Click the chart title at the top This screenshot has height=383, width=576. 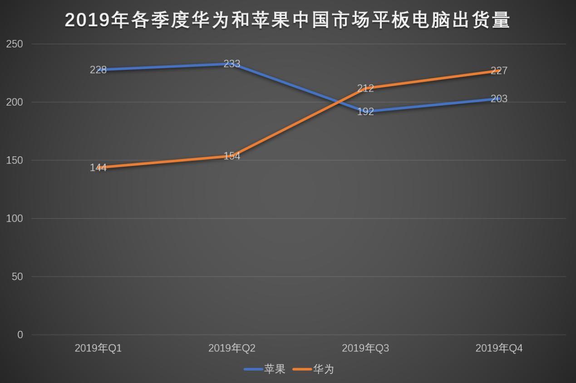pyautogui.click(x=288, y=20)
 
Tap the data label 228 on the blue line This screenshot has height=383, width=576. pyautogui.click(x=98, y=70)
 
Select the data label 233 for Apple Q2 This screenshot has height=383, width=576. pyautogui.click(x=231, y=64)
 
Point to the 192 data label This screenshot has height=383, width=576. pyautogui.click(x=365, y=112)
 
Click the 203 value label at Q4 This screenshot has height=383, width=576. pyautogui.click(x=499, y=99)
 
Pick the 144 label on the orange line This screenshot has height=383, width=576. pyautogui.click(x=98, y=168)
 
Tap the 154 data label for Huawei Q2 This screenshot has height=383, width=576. pyautogui.click(x=231, y=156)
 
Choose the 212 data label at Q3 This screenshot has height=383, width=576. pyautogui.click(x=365, y=88)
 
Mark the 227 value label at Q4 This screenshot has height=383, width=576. pyautogui.click(x=499, y=71)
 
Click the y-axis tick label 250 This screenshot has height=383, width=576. pyautogui.click(x=15, y=44)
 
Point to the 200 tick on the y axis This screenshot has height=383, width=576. pyautogui.click(x=15, y=102)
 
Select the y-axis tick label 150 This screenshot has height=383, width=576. pyautogui.click(x=15, y=160)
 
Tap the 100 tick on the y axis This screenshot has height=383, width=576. pyautogui.click(x=15, y=218)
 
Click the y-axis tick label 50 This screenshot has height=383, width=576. pyautogui.click(x=17, y=276)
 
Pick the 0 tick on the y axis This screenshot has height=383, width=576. pyautogui.click(x=20, y=335)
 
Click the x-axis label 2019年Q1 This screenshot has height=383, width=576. pyautogui.click(x=98, y=348)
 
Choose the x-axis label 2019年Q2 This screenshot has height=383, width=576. pyautogui.click(x=231, y=348)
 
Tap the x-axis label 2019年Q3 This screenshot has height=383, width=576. pyautogui.click(x=365, y=348)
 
